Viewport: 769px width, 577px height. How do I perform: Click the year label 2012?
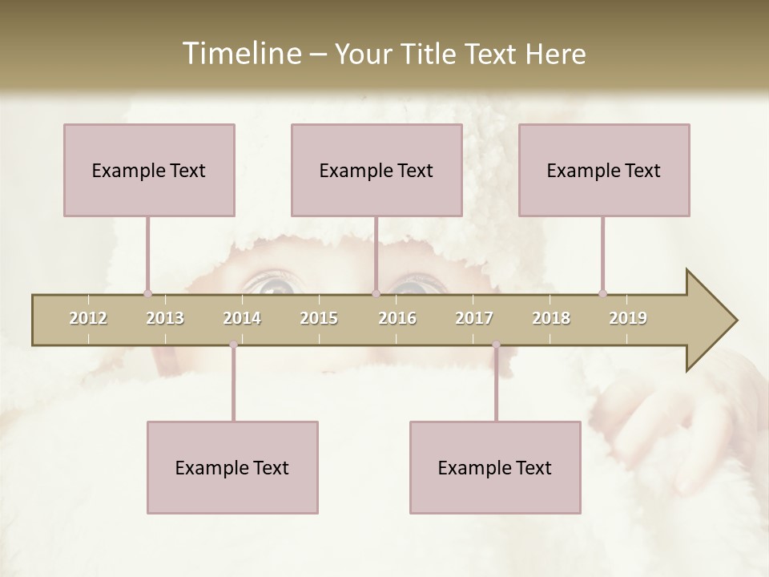pos(88,318)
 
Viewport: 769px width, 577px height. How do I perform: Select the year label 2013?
pos(165,318)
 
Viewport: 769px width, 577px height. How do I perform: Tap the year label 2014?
pos(242,318)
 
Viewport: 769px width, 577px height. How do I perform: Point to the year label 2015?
pos(319,318)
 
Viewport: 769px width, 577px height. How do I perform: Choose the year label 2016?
pos(397,318)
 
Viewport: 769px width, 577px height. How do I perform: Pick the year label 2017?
pos(474,318)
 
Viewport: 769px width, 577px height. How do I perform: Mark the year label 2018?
pos(551,318)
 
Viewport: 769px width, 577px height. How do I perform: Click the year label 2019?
pos(628,318)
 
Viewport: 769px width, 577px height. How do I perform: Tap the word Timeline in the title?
pos(240,54)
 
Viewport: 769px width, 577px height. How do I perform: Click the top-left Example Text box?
pos(149,170)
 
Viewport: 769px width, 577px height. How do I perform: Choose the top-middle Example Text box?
pos(376,170)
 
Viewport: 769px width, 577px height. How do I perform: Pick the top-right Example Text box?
pos(604,170)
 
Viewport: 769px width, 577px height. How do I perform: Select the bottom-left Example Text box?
pos(232,467)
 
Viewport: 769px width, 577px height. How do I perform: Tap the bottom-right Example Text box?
pos(495,467)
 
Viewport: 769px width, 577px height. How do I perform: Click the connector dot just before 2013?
pos(147,293)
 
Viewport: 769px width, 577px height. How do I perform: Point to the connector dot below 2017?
pos(496,345)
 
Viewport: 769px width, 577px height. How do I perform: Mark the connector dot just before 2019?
pos(602,293)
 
